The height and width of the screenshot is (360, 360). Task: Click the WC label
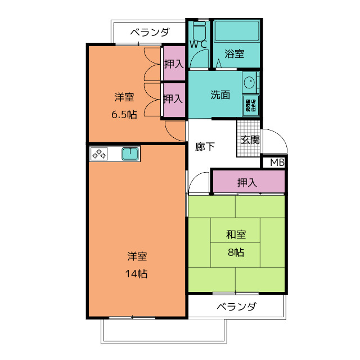198,44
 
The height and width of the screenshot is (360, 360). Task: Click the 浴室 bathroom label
235,54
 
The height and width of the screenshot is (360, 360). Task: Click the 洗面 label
220,95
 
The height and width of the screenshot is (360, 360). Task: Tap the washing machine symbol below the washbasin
250,106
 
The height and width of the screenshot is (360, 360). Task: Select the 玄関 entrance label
250,140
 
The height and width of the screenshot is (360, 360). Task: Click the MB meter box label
277,163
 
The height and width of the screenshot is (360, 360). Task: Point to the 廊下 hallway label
205,147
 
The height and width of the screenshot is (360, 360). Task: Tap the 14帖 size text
137,274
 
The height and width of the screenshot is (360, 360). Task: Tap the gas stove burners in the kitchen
100,154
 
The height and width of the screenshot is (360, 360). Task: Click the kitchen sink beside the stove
130,154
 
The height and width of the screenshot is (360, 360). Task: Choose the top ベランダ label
150,32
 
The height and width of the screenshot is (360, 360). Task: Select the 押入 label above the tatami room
247,182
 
